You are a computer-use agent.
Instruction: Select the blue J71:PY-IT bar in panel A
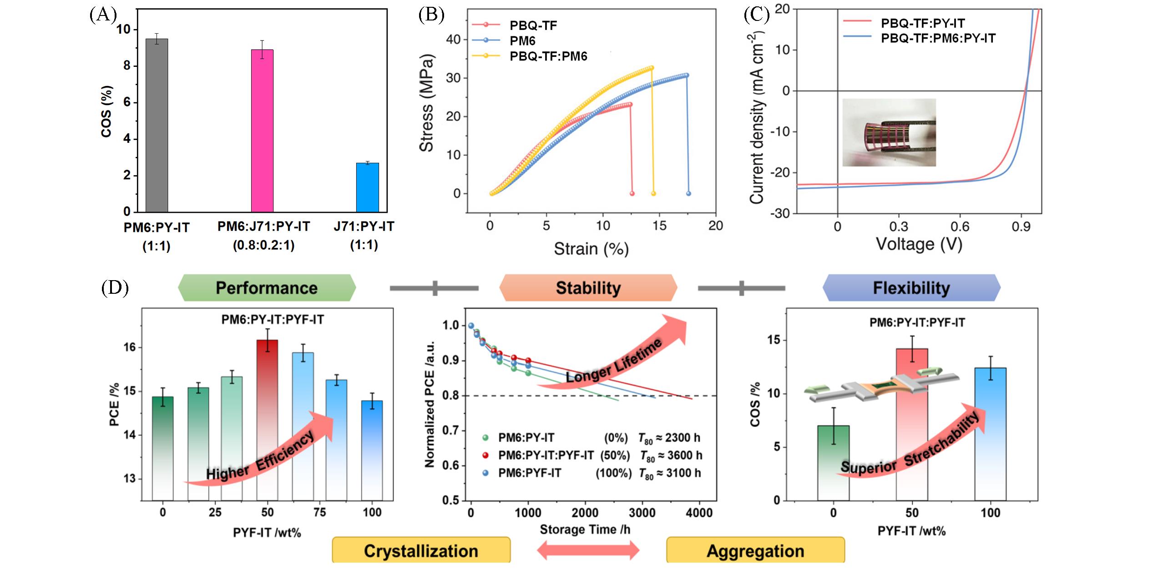coord(367,187)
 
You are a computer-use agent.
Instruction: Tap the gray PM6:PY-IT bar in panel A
coord(157,126)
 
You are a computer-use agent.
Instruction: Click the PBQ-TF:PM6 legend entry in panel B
coord(548,56)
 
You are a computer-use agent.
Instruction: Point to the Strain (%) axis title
coord(591,249)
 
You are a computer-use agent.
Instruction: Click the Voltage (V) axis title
coord(919,244)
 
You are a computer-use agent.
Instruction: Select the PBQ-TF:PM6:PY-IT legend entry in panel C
coord(937,38)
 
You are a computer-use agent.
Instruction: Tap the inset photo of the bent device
coord(889,132)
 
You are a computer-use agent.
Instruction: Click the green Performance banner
coord(267,288)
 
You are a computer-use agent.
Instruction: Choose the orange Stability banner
coord(588,288)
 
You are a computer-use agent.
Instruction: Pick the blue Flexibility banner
coord(911,288)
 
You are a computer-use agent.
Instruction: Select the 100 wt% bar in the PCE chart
coord(372,450)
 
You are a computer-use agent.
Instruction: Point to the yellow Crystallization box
coord(421,551)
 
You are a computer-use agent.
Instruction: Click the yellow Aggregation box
coord(755,551)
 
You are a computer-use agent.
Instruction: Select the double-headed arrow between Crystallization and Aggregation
coord(588,551)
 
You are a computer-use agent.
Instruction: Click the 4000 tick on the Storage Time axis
coord(699,513)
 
